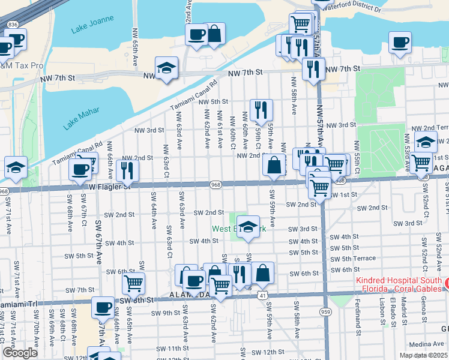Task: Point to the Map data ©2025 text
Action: [x=424, y=346]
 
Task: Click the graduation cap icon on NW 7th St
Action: [x=166, y=67]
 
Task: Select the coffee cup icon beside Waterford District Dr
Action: [x=399, y=42]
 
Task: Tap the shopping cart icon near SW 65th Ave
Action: [x=133, y=281]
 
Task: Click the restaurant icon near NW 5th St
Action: [x=261, y=109]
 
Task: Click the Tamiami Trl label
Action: [x=19, y=304]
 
